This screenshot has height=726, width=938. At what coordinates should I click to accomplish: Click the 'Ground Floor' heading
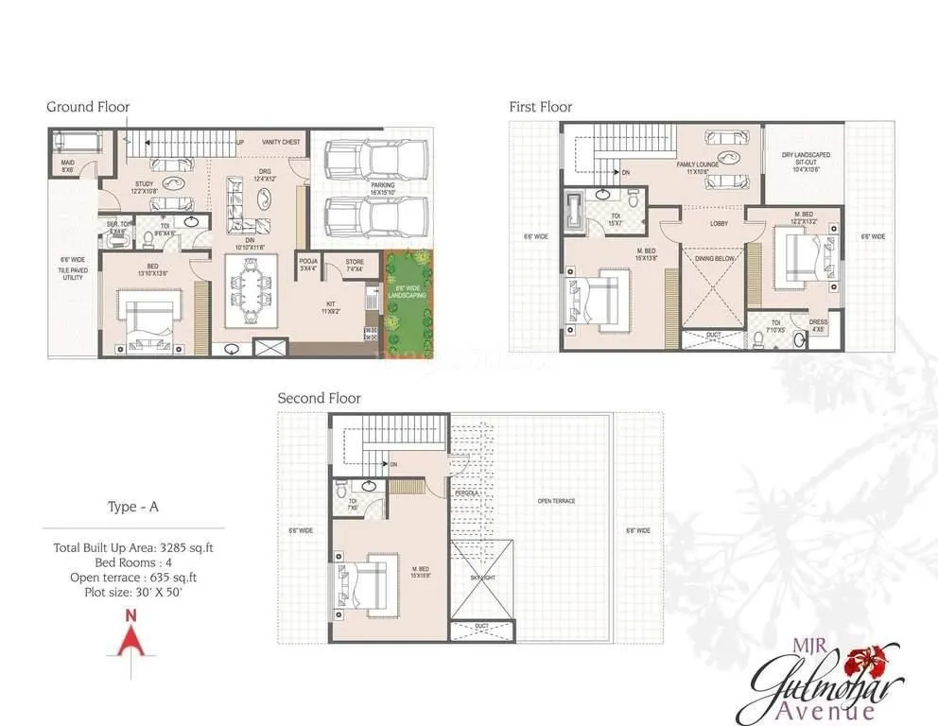tap(88, 107)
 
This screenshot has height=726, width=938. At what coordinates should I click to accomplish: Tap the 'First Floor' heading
tap(541, 107)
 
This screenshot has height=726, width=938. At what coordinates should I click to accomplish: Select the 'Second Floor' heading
tap(319, 398)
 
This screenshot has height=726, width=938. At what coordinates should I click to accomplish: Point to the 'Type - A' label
tap(132, 507)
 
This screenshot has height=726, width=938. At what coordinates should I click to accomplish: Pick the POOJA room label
tap(307, 262)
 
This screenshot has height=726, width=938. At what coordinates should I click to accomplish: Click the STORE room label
tap(355, 262)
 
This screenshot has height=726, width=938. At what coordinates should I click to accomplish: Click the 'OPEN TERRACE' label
tap(556, 501)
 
